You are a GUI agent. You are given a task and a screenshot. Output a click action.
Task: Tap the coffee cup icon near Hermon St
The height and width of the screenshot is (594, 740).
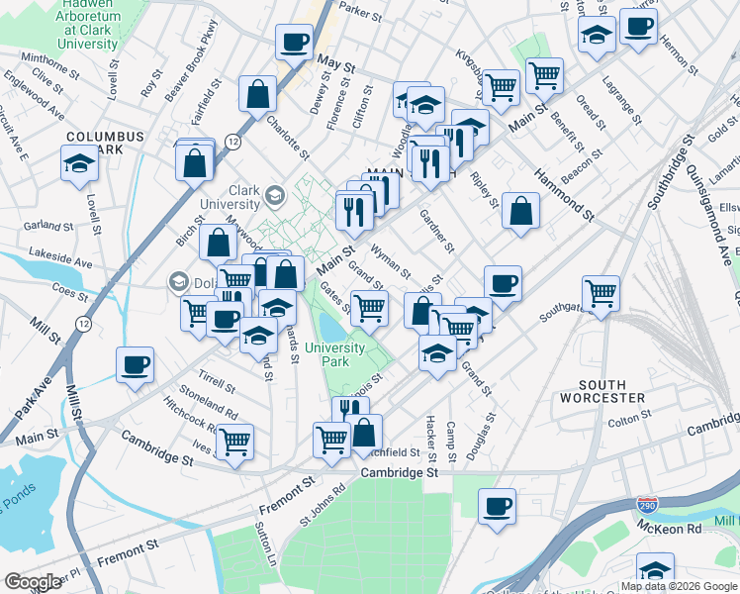pos(638,26)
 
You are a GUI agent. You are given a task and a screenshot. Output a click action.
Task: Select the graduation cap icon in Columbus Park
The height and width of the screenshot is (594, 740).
pos(79,163)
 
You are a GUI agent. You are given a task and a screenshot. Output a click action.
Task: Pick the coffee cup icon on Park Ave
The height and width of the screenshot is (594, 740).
pos(135,363)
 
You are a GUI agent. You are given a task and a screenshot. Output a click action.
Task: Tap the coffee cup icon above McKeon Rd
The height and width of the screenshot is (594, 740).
pos(497,505)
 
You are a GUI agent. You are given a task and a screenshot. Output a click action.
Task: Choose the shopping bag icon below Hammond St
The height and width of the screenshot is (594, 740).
pos(520,210)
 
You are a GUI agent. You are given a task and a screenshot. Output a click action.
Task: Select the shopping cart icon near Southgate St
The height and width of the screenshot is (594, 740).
pos(601,292)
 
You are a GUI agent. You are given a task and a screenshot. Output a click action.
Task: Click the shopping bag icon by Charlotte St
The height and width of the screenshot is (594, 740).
pos(257,95)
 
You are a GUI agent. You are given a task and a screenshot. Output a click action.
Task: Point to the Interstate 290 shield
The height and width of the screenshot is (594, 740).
pos(646,505)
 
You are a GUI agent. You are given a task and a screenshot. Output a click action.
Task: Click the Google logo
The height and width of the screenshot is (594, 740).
pos(33,582)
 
